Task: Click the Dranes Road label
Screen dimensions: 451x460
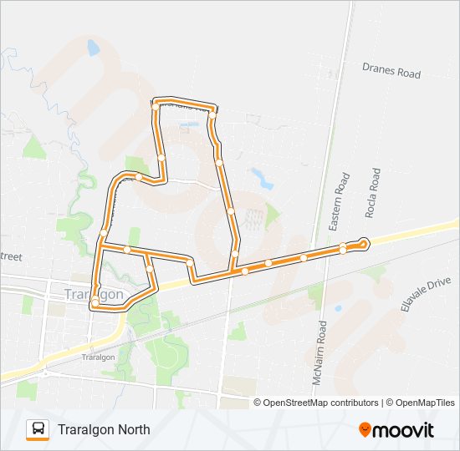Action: click(391, 73)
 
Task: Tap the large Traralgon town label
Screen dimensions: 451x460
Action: click(95, 295)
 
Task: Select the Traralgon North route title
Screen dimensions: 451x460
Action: click(105, 429)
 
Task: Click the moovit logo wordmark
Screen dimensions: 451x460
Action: click(404, 430)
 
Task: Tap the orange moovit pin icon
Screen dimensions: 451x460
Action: click(365, 430)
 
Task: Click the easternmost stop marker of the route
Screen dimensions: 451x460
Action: click(363, 243)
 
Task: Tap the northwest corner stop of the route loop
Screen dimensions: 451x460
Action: click(156, 104)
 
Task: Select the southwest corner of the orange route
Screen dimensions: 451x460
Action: click(94, 306)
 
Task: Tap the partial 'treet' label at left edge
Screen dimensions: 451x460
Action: click(11, 256)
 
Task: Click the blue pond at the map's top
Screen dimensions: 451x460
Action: click(92, 48)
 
